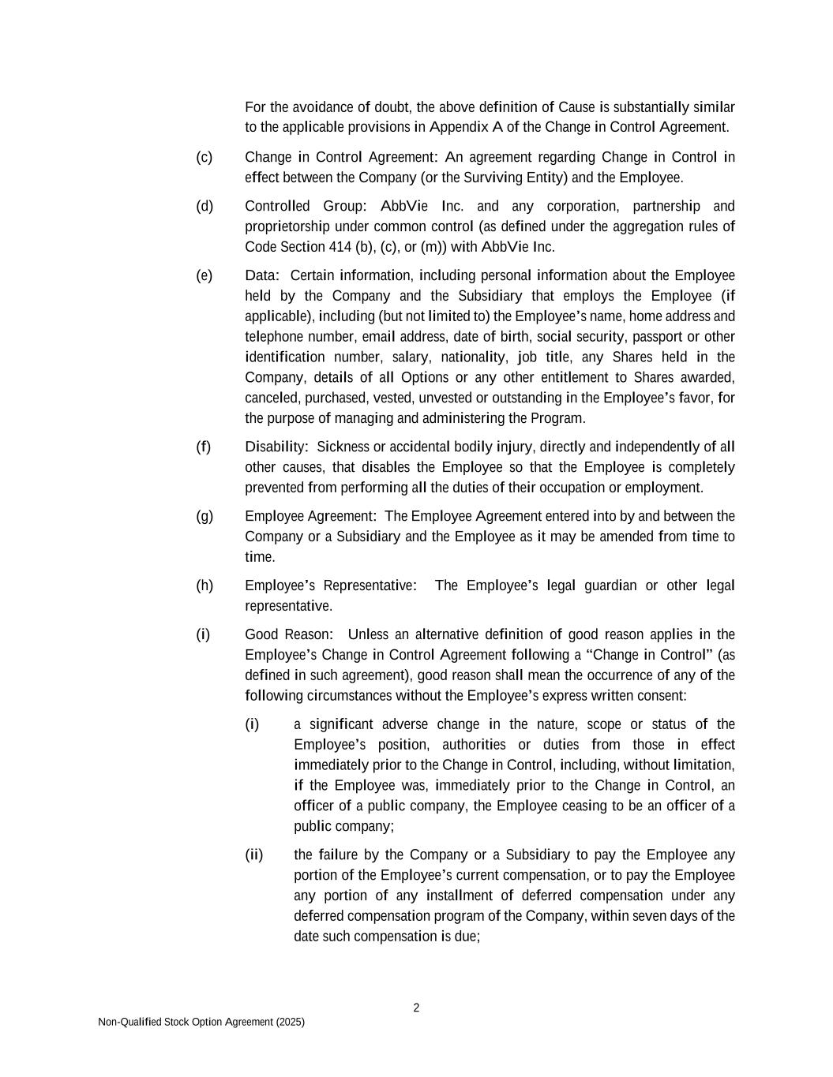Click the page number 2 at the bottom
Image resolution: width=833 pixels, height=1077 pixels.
point(416,1008)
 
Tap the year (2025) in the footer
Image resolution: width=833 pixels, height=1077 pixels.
point(290,1022)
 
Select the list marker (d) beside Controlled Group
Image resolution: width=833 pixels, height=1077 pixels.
point(204,207)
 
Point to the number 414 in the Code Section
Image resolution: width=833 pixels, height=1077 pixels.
point(339,247)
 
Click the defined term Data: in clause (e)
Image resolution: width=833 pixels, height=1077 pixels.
point(262,275)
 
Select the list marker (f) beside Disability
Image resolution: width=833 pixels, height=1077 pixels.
point(204,447)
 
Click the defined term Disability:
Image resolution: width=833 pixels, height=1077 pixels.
point(276,447)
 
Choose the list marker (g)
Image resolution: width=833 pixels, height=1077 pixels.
point(204,517)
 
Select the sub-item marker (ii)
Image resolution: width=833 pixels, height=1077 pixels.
point(253,855)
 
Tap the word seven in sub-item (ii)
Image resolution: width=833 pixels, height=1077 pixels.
point(649,916)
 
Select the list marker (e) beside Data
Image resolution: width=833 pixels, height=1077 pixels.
point(204,276)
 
